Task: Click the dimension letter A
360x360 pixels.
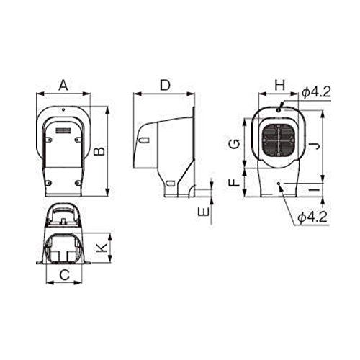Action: [63, 86]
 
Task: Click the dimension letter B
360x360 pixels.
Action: [99, 151]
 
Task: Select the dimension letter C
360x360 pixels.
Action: [64, 275]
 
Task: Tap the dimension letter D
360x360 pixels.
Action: [165, 86]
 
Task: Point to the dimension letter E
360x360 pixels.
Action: [204, 212]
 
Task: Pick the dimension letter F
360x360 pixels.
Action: [234, 182]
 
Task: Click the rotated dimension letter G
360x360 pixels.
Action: [234, 144]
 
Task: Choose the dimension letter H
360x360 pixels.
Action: [280, 86]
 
